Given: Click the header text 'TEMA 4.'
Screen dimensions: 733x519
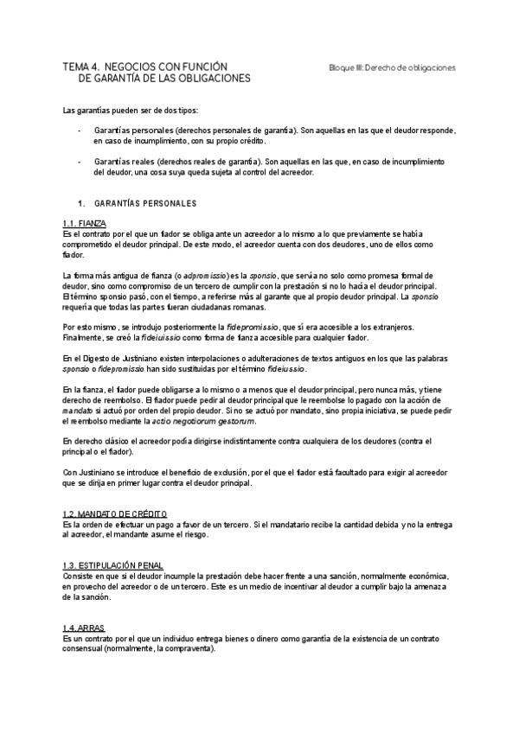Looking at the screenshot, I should click(80, 67).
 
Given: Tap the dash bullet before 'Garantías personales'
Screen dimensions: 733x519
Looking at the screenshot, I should click(80, 130).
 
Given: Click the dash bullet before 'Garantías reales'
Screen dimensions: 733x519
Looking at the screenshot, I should click(80, 162).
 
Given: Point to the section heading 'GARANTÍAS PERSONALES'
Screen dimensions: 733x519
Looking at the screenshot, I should click(145, 204).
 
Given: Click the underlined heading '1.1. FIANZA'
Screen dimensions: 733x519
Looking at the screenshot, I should click(85, 224).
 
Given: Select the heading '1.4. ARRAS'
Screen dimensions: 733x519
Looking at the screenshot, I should click(85, 628).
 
